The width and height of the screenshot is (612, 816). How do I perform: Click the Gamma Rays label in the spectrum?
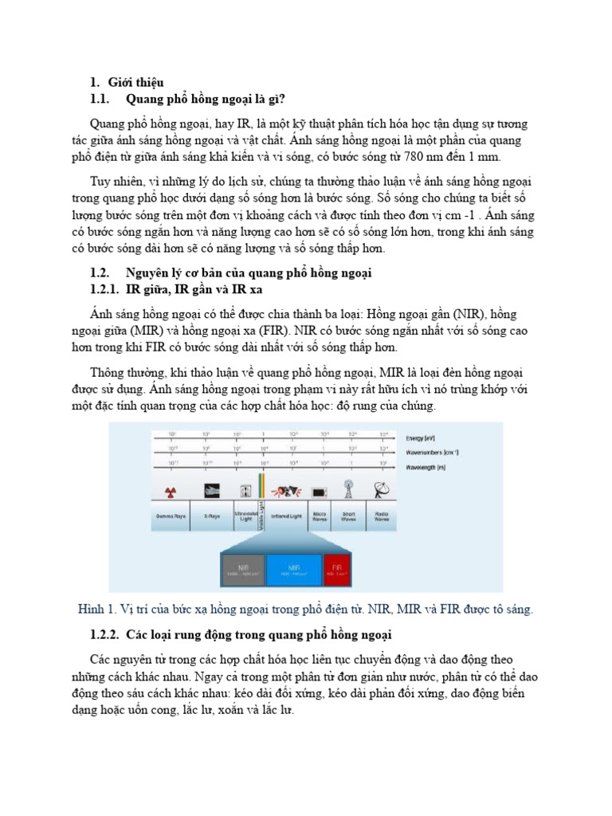point(171,516)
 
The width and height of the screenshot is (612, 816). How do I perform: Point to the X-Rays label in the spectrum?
point(211,516)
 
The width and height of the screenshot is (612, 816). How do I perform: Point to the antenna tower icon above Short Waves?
point(348,488)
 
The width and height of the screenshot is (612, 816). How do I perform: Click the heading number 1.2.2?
point(104,634)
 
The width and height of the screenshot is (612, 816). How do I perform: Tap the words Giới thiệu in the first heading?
point(137,82)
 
